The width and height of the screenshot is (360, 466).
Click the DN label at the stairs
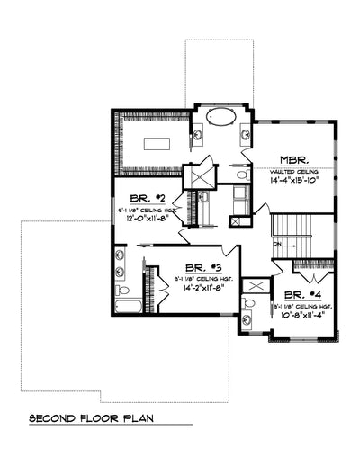[x=279, y=243]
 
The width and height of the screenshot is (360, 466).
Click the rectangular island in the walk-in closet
[x=157, y=142]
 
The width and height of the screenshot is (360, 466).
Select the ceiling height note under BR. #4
[x=303, y=306]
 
